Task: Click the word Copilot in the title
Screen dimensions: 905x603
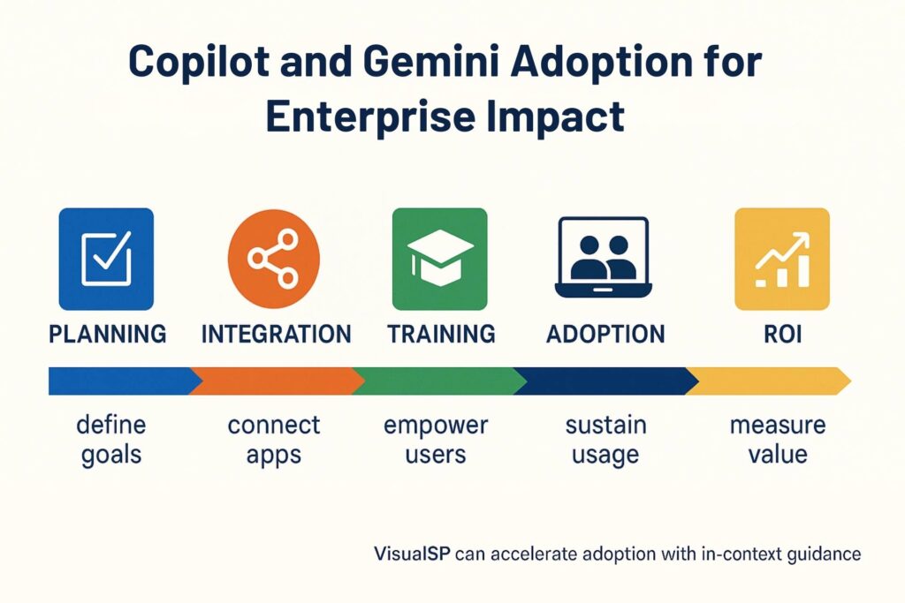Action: point(198,61)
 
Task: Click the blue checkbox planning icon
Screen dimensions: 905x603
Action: point(106,259)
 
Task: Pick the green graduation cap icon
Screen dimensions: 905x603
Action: point(440,259)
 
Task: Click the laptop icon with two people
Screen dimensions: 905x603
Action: point(603,257)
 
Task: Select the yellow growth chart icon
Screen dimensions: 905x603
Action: point(782,259)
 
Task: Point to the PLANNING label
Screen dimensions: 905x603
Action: point(107,335)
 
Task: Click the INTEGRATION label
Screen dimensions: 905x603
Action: point(276,335)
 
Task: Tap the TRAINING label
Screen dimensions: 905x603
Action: point(441,335)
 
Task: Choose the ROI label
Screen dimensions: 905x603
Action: point(783,335)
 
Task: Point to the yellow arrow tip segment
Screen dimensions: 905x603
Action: point(768,381)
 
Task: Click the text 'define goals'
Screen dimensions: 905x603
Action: point(110,440)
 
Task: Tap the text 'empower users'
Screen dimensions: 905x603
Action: point(436,440)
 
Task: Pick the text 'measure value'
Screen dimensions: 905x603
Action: point(778,440)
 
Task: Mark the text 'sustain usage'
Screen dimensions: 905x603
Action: point(605,440)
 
